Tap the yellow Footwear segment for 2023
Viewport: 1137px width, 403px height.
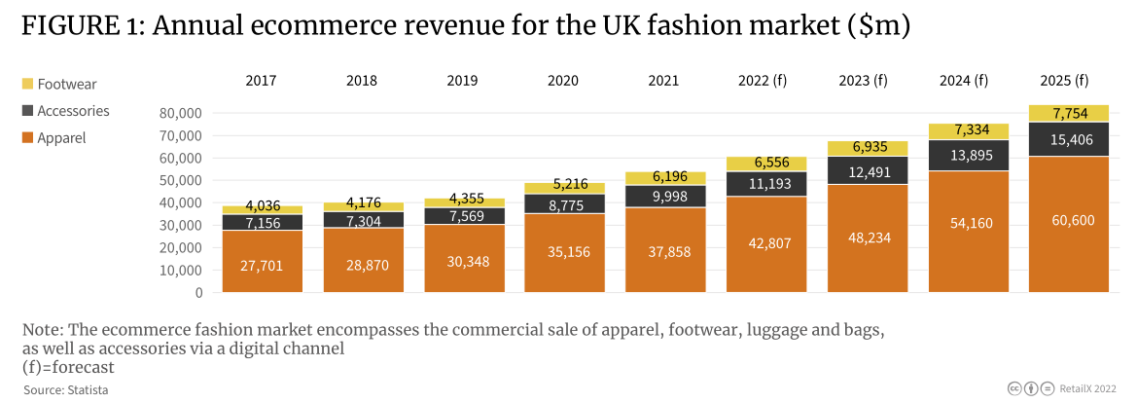(867, 149)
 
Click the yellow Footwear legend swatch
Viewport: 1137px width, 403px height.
(27, 85)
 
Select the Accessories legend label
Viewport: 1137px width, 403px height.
(73, 111)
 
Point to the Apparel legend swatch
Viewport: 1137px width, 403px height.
(27, 137)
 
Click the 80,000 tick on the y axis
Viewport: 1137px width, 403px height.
(180, 113)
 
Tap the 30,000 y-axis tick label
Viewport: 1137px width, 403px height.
(180, 226)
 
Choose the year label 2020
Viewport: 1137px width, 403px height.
(563, 81)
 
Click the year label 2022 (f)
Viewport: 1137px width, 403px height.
(765, 81)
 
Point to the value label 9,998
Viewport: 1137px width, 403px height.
(665, 198)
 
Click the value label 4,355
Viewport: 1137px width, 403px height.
(463, 203)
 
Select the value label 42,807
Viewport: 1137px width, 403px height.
(765, 244)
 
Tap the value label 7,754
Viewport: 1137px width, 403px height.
(1068, 113)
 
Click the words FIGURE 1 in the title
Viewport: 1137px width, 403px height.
(79, 27)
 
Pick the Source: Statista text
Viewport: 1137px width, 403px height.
(66, 389)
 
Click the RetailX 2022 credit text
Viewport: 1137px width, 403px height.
(1090, 388)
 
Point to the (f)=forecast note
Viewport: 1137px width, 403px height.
(68, 367)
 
